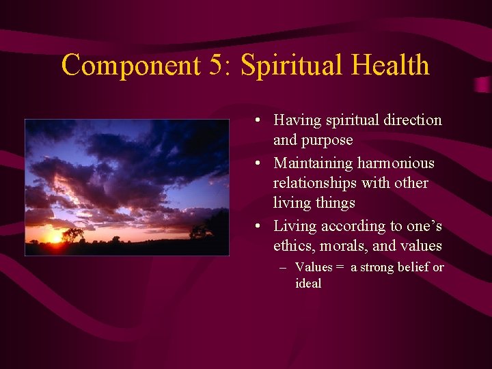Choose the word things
334,203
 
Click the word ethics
292,246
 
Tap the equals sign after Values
340,267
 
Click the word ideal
308,283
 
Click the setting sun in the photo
55,237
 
